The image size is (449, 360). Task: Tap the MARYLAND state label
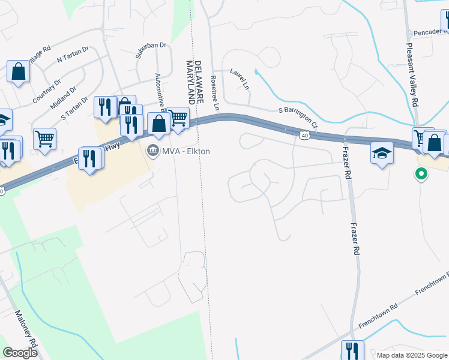coord(190,82)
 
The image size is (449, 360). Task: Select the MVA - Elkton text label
coord(186,151)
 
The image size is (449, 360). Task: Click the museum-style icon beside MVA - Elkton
coord(153,151)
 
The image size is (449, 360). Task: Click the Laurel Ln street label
coord(239,77)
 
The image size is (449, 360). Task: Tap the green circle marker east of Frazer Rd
coord(421,175)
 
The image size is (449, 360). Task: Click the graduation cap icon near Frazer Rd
coord(382,153)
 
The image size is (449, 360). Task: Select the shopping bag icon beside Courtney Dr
coord(19,71)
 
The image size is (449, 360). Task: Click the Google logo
coord(20,352)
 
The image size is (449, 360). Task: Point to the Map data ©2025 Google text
coord(411,355)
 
